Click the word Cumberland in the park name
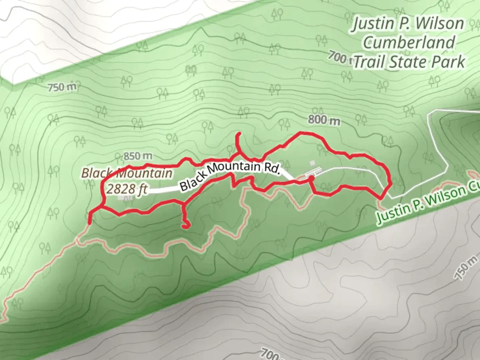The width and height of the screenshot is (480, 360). [409, 43]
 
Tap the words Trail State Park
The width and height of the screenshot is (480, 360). [409, 62]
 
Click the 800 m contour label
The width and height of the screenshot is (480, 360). [324, 120]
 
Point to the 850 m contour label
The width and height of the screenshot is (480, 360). [138, 156]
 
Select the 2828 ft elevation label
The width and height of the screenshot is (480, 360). [127, 189]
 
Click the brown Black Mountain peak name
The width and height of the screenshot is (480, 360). [127, 173]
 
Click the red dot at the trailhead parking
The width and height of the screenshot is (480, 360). [311, 179]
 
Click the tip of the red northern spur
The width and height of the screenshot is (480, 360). [239, 134]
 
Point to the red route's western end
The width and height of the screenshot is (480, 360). [90, 222]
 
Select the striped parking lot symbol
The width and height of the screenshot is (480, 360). [313, 171]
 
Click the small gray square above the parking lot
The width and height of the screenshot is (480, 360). [312, 163]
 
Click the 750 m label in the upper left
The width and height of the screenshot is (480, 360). [62, 88]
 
